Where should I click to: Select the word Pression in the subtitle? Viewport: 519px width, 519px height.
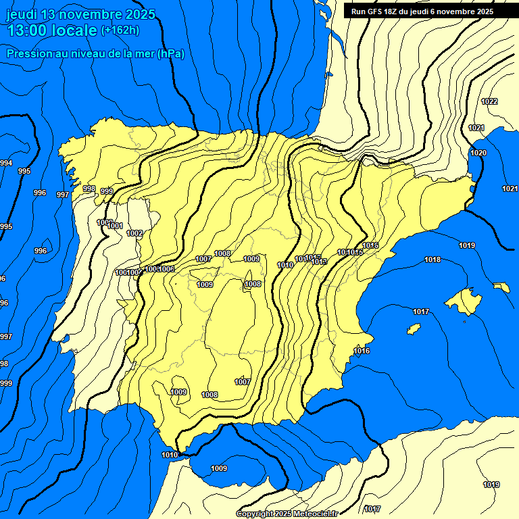(28, 54)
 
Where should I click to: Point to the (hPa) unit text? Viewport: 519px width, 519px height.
(170, 54)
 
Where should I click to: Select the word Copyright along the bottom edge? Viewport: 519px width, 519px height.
(254, 514)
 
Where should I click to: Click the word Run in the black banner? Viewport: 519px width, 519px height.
(358, 11)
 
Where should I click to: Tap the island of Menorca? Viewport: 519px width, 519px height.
(501, 287)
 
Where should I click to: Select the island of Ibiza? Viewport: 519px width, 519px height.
(412, 329)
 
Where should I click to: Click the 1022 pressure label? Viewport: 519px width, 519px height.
(489, 101)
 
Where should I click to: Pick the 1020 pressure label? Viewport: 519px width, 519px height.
(478, 153)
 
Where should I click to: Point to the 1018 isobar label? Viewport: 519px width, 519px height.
(432, 259)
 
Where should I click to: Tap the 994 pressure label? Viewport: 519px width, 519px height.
(6, 163)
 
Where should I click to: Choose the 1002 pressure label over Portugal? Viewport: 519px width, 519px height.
(134, 233)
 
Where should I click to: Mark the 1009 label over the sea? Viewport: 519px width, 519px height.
(219, 468)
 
